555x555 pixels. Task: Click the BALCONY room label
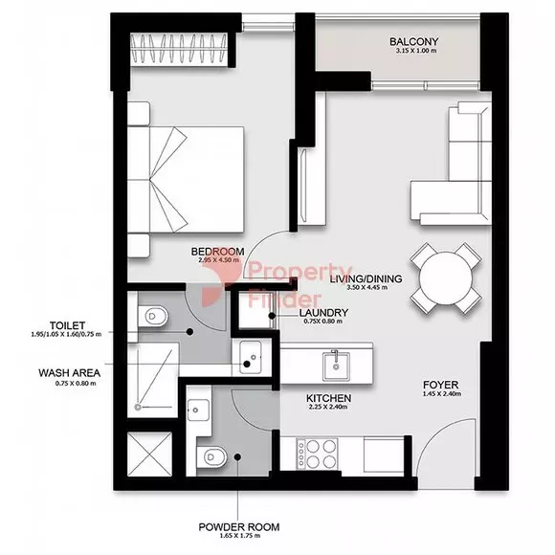(413, 41)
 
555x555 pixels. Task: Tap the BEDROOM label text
(217, 252)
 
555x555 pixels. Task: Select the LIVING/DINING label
(366, 278)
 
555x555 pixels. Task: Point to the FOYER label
(441, 385)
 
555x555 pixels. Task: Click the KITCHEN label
(328, 398)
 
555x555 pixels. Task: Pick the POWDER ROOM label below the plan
(239, 527)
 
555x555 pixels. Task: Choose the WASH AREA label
(69, 373)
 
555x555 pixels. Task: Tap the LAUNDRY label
(323, 313)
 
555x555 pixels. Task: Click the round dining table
(446, 277)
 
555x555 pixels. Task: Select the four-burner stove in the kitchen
(317, 454)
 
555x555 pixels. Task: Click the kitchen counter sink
(336, 366)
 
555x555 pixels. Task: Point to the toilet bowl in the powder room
(211, 456)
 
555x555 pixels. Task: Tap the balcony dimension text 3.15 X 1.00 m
(416, 51)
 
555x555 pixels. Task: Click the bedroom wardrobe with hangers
(179, 49)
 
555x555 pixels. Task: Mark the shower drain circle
(138, 408)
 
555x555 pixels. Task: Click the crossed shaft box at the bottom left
(149, 455)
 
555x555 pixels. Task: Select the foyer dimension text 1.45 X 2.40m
(442, 394)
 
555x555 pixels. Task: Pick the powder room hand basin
(198, 411)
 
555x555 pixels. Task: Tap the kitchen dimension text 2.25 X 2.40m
(328, 407)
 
